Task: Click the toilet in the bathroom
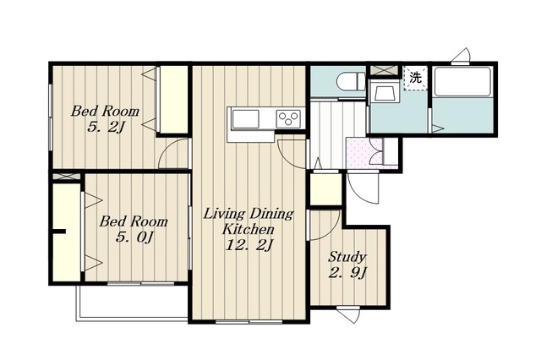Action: click(x=350, y=80)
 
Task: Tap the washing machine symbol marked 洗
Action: click(x=415, y=78)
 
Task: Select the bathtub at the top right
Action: click(x=462, y=81)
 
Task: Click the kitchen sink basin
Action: click(x=245, y=119)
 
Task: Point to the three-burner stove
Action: click(x=289, y=119)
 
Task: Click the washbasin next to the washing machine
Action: click(x=383, y=93)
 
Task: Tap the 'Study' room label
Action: click(x=347, y=257)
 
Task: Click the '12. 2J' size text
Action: click(x=249, y=245)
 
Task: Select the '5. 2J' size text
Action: click(x=105, y=128)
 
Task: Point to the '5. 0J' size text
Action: click(x=134, y=237)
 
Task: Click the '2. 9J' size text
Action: click(x=347, y=273)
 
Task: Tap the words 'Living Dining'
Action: click(x=249, y=214)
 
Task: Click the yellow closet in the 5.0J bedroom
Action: click(x=68, y=232)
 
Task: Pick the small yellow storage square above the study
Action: click(x=325, y=189)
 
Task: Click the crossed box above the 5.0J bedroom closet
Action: click(x=67, y=177)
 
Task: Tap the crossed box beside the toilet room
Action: click(x=384, y=70)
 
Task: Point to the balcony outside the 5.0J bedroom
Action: click(x=133, y=302)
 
